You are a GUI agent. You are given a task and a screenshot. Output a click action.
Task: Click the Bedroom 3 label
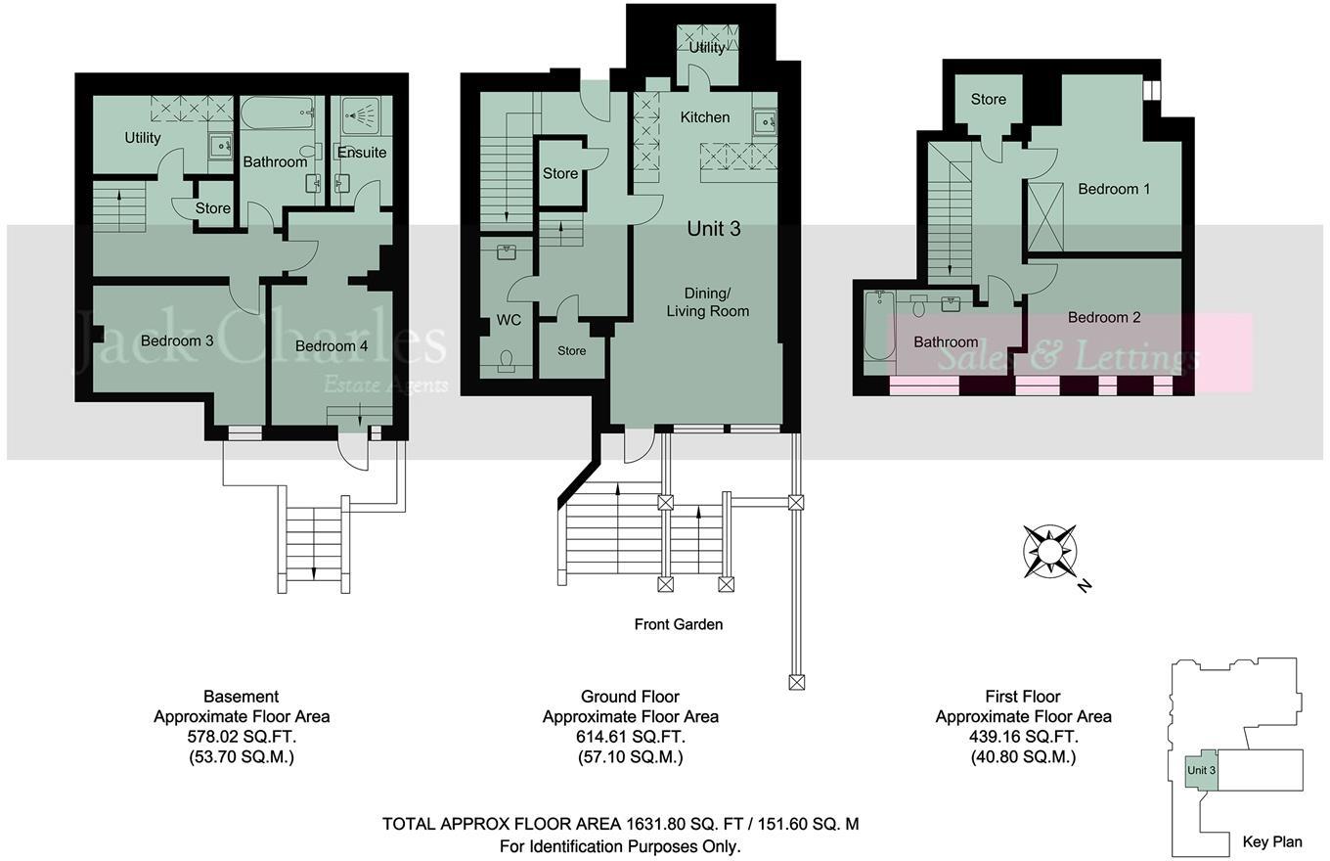pos(177,340)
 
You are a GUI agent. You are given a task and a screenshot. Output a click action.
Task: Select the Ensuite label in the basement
pos(362,153)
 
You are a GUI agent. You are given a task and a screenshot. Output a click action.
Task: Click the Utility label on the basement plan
pos(143,138)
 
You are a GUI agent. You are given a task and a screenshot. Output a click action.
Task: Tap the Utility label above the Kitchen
pos(707,47)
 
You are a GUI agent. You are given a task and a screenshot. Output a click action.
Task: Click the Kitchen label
pos(705,117)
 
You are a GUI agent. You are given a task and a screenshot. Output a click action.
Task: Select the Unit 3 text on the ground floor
pos(714,229)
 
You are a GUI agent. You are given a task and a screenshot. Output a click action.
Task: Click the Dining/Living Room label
pos(708,302)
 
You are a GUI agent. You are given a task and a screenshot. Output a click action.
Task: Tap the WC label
pos(509,320)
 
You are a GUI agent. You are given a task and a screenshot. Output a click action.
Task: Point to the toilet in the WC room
pos(508,362)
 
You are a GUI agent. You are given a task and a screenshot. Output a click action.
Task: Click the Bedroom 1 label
pos(1114,189)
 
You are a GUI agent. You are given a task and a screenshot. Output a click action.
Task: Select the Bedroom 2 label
pos(1104,317)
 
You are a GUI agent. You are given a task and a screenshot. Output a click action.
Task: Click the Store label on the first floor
pos(988,99)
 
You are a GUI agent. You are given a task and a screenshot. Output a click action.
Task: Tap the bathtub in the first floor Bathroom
pos(873,333)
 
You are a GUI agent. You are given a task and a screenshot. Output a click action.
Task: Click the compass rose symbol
pos(1050,552)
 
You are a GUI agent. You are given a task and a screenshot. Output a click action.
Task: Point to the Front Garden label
pos(679,624)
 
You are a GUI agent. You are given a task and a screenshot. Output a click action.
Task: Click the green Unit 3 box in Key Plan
pos(1201,770)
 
